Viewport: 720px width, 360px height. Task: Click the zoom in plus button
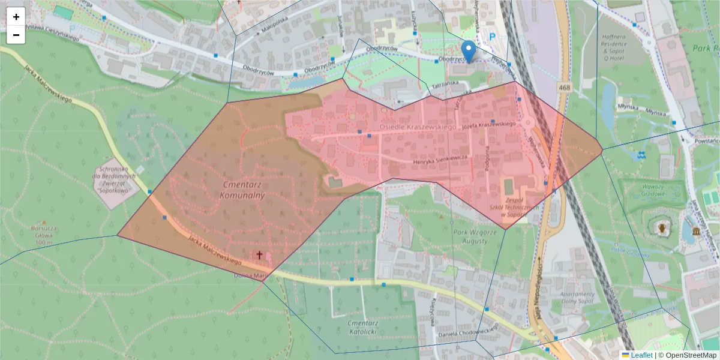[x=16, y=17]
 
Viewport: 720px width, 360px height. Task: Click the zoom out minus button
[x=16, y=35]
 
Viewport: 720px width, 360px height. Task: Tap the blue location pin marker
[x=469, y=50]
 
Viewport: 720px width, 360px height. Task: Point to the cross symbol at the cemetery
[x=259, y=255]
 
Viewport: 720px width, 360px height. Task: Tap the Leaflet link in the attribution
[x=641, y=355]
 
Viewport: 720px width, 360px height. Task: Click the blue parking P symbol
[x=493, y=37]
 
